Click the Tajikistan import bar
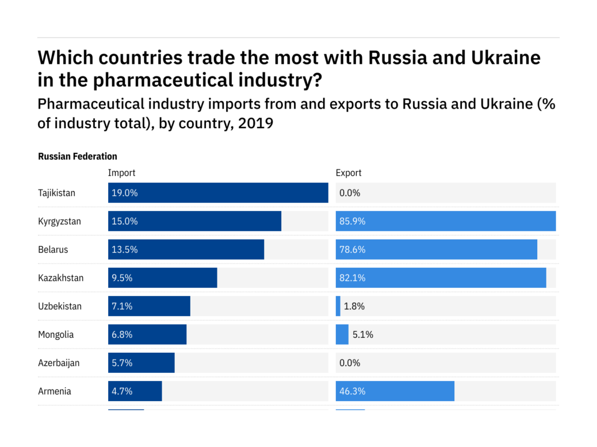[218, 193]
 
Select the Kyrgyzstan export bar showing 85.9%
[446, 221]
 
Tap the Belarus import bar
[186, 249]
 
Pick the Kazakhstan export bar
[441, 278]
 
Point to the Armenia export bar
[395, 391]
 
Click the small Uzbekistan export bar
[338, 306]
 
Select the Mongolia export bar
[342, 334]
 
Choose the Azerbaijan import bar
[141, 363]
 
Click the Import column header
[122, 173]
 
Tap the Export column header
[349, 173]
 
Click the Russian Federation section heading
[78, 156]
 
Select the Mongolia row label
[56, 334]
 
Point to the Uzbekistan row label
[60, 306]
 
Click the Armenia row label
[55, 391]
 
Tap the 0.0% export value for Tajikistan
[350, 193]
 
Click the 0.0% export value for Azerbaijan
[350, 363]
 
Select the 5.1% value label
[362, 334]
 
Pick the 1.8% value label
[354, 306]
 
